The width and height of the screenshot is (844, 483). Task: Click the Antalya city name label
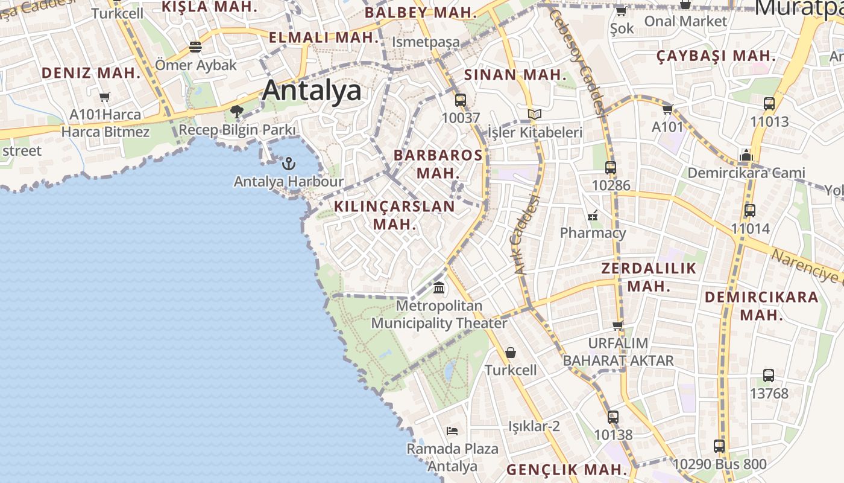pos(312,91)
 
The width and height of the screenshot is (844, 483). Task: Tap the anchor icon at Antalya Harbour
pos(289,163)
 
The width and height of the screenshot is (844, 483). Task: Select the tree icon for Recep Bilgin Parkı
pos(237,112)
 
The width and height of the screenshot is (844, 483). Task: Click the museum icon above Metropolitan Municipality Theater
pos(439,287)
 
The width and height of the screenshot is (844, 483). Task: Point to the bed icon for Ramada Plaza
pos(452,430)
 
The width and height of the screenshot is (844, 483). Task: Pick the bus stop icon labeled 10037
pos(461,100)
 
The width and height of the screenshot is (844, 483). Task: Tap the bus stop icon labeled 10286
pos(611,168)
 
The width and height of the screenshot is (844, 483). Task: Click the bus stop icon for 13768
pos(769,376)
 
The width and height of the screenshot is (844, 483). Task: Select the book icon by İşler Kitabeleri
pos(535,114)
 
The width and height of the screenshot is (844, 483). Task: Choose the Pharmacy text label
pos(593,233)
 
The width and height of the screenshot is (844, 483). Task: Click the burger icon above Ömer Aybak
pos(195,46)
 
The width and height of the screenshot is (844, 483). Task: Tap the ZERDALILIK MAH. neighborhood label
pos(649,277)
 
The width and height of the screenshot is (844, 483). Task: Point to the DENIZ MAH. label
pos(91,73)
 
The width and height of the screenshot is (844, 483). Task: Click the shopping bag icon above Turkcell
pos(511,353)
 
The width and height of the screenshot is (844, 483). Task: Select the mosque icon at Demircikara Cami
pos(746,156)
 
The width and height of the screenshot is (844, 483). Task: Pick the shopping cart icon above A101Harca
pos(105,97)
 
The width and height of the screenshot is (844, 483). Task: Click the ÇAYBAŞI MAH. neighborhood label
pos(716,56)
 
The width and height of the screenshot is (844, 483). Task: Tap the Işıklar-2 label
pos(534,426)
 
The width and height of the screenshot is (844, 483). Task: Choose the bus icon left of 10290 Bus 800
pos(719,446)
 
